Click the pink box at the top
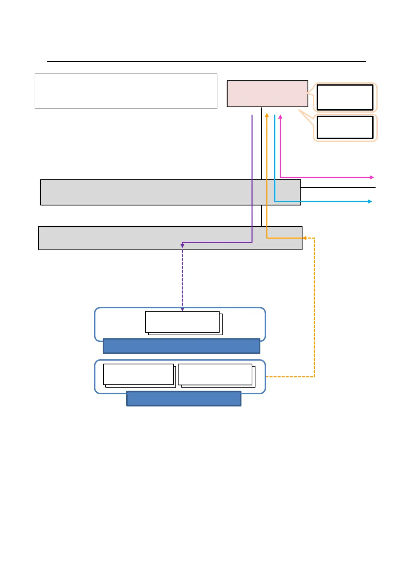[267, 94]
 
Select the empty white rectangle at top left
[126, 91]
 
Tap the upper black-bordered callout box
[345, 98]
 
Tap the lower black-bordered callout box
[345, 127]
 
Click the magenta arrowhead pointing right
[372, 177]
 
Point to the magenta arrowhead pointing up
[280, 117]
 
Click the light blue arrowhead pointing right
[370, 201]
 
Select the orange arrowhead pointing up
[267, 116]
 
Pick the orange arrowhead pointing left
[304, 238]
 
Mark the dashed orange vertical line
[315, 305]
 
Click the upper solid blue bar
[181, 346]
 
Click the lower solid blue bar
[184, 399]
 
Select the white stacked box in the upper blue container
[183, 322]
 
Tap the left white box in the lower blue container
[138, 374]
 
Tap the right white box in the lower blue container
[215, 374]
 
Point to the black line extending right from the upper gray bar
[338, 188]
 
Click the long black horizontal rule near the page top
[206, 61]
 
